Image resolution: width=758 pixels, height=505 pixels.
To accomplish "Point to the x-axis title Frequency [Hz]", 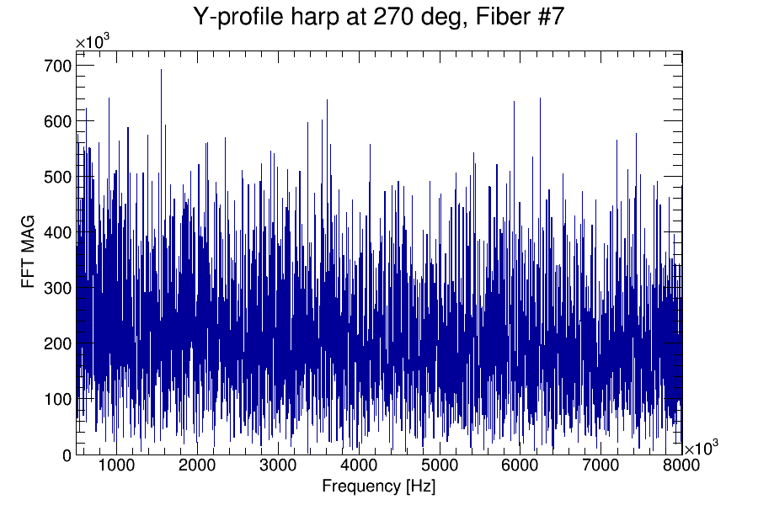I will click(378, 486).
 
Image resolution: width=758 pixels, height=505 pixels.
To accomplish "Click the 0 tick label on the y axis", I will click(67, 455).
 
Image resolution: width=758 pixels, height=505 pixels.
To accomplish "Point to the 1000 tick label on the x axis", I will click(116, 466).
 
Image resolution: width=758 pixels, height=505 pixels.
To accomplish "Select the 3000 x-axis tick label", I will click(278, 466).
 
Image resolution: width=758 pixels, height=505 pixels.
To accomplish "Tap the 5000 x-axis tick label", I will click(440, 466).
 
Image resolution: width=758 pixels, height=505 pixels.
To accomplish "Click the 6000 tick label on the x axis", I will click(520, 466).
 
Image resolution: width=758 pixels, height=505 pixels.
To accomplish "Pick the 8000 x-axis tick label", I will click(665, 466).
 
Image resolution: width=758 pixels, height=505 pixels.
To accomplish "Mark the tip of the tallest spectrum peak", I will click(161, 70).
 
